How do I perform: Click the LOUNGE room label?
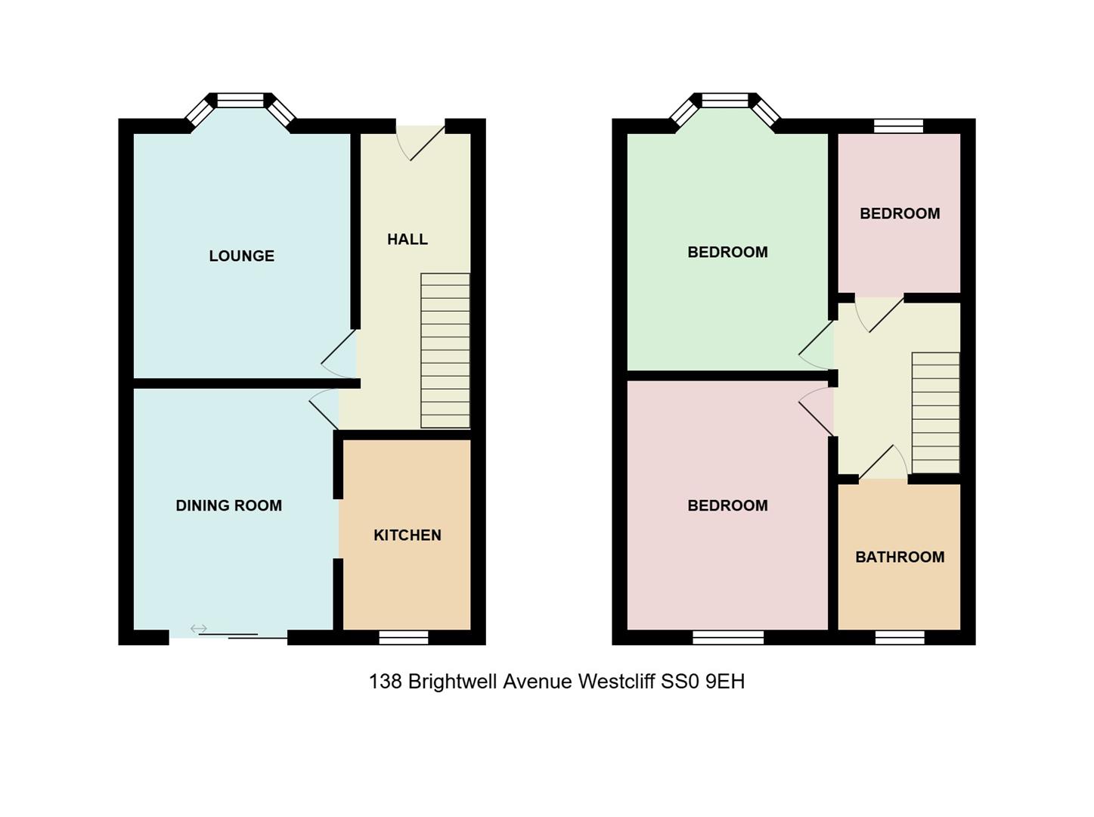pyautogui.click(x=241, y=256)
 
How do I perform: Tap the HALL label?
pyautogui.click(x=408, y=239)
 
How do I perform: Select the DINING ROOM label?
pyautogui.click(x=229, y=505)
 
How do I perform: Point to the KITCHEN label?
pyautogui.click(x=408, y=535)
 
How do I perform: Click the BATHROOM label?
pyautogui.click(x=900, y=557)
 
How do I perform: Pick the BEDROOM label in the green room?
pyautogui.click(x=727, y=252)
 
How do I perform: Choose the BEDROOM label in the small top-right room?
pyautogui.click(x=900, y=213)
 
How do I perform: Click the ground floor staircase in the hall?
pyautogui.click(x=445, y=350)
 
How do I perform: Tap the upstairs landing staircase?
pyautogui.click(x=935, y=413)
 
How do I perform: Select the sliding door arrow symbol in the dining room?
pyautogui.click(x=198, y=629)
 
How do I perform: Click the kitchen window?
pyautogui.click(x=404, y=638)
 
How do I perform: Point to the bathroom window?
pyautogui.click(x=900, y=638)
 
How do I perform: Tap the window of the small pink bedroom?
pyautogui.click(x=898, y=126)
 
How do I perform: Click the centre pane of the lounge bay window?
pyautogui.click(x=240, y=101)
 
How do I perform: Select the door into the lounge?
pyautogui.click(x=339, y=354)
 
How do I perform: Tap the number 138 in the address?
pyautogui.click(x=386, y=681)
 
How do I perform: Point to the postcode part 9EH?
pyautogui.click(x=725, y=681)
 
